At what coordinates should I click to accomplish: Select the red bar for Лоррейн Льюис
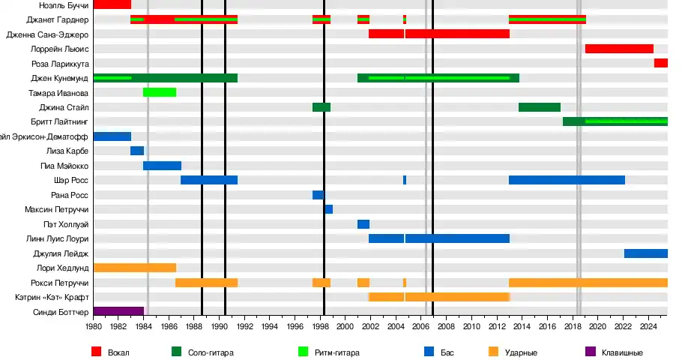tap(619, 49)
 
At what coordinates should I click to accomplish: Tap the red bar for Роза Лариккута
tap(660, 63)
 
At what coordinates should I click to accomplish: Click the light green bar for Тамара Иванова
tap(160, 92)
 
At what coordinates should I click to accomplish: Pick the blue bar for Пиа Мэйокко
tap(162, 166)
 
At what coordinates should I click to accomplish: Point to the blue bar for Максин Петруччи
tap(328, 209)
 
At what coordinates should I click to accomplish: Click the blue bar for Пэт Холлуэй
tap(363, 224)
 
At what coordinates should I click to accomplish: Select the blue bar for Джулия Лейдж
tap(645, 253)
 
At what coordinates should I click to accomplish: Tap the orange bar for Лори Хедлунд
tap(135, 268)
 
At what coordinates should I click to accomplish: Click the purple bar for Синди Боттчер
tap(118, 311)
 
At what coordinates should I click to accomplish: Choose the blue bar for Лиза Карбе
tap(136, 151)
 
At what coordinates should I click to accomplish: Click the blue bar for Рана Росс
tap(318, 195)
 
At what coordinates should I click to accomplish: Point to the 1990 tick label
tap(220, 328)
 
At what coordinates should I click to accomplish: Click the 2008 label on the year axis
tap(446, 328)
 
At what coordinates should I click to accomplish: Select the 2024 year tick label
tap(648, 328)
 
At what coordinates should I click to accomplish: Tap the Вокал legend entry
tap(118, 352)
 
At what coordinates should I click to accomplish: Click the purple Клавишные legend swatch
tap(589, 352)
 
